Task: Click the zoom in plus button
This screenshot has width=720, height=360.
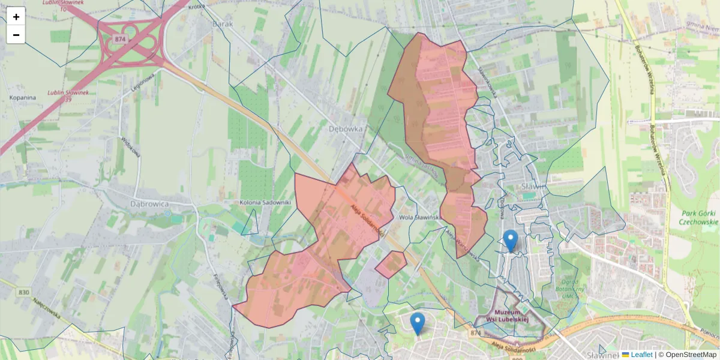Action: click(x=16, y=17)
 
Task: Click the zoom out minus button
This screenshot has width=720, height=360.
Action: click(x=16, y=35)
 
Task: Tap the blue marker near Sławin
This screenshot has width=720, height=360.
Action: click(x=511, y=241)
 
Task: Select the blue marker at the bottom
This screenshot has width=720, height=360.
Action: click(x=418, y=323)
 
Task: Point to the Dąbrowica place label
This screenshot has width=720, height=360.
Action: click(x=150, y=203)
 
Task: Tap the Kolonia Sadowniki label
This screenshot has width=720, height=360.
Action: click(x=265, y=202)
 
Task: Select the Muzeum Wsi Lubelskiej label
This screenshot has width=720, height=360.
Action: click(x=508, y=314)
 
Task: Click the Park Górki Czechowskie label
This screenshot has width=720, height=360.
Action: click(x=698, y=217)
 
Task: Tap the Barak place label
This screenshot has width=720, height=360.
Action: click(x=222, y=25)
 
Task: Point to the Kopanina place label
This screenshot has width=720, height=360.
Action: click(x=23, y=97)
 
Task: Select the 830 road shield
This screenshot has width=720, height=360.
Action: click(x=24, y=292)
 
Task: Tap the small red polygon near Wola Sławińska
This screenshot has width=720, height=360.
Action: click(x=391, y=264)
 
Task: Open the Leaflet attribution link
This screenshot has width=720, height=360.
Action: click(x=641, y=355)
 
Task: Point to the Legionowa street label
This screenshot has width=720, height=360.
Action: click(x=143, y=82)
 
